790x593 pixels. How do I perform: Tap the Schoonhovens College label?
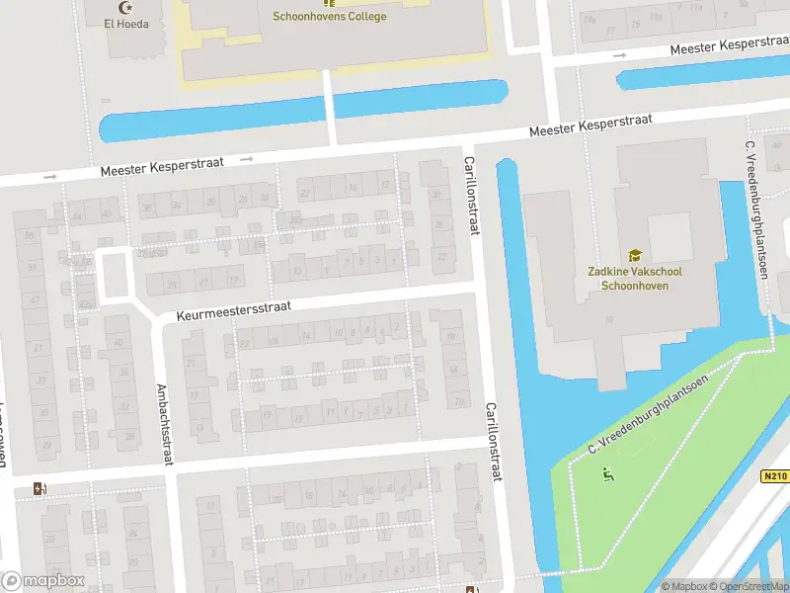[x=329, y=16]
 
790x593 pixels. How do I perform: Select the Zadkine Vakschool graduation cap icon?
[x=635, y=255]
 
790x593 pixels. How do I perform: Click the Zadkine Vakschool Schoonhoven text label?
[x=635, y=279]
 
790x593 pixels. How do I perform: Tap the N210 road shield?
[x=775, y=476]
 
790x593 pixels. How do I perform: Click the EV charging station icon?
[x=39, y=487]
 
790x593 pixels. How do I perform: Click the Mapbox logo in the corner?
[x=42, y=580]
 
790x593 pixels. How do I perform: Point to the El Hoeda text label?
[x=126, y=23]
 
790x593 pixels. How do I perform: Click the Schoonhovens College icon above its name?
[x=329, y=2]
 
